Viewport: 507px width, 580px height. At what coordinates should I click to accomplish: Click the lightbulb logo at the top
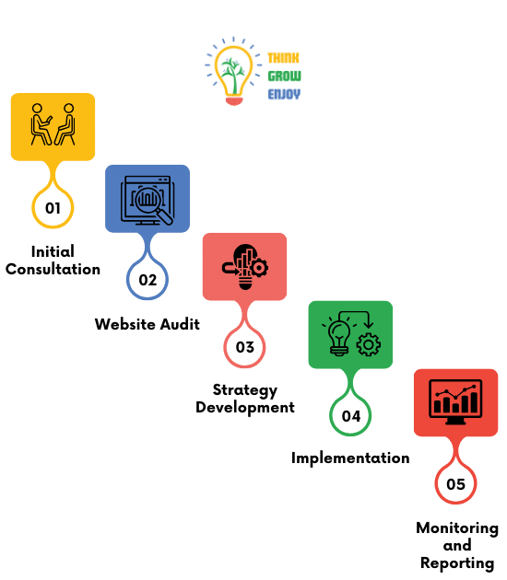234,71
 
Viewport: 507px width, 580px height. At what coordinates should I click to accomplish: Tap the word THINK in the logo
283,58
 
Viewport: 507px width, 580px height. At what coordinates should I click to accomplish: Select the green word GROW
285,75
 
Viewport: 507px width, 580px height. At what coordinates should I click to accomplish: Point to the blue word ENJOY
284,94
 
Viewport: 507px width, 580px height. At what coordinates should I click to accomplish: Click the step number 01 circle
53,208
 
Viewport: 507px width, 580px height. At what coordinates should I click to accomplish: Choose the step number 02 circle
147,280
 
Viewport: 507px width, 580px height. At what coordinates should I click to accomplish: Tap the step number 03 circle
244,347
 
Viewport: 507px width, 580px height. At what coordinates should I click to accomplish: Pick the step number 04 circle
350,416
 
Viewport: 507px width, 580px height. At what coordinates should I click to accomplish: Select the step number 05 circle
455,484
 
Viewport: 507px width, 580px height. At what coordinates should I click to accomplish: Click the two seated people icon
53,124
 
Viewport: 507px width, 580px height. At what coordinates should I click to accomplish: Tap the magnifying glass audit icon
147,200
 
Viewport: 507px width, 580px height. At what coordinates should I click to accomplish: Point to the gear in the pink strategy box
259,267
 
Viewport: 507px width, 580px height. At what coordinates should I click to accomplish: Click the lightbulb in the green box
339,337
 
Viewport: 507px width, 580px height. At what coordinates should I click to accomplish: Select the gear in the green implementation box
368,344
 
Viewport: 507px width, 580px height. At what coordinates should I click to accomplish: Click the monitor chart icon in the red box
455,401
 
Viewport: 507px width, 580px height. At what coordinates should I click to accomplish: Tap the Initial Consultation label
53,261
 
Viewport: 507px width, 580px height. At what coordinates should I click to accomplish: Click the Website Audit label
147,324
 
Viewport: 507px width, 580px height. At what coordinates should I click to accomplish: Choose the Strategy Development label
245,399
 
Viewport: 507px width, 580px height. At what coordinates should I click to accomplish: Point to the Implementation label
350,458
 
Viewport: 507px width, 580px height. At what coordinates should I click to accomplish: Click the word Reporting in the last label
457,563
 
